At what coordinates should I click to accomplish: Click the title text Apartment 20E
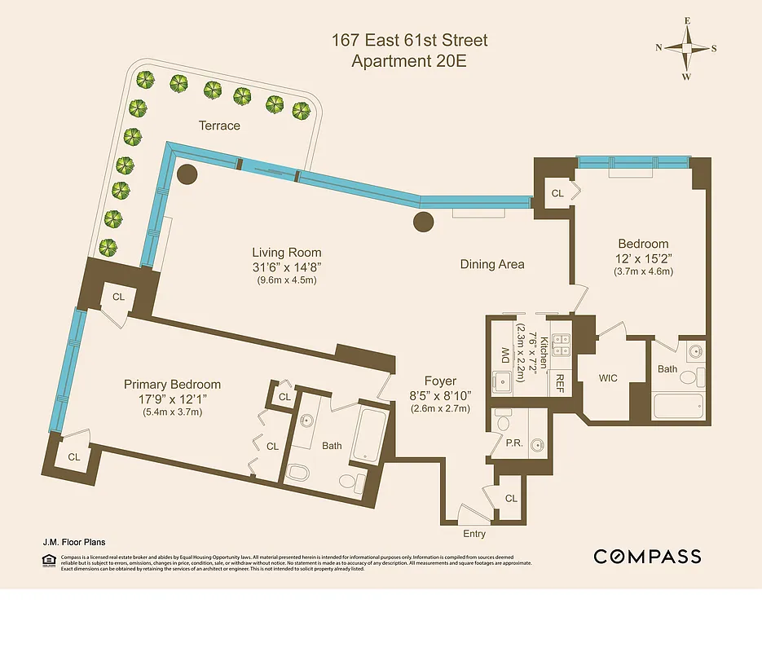pos(408,60)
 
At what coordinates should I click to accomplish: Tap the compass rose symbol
pos(686,48)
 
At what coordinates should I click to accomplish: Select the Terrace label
pos(219,126)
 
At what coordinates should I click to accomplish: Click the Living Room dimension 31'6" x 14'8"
pos(286,267)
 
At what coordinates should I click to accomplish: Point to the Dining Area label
pos(492,264)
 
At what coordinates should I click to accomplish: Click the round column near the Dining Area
pos(423,221)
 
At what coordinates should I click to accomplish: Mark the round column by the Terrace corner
pos(187,174)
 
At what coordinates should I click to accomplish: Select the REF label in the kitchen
pos(561,381)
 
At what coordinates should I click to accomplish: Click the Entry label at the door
pos(474,534)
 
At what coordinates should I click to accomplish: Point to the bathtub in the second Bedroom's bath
pos(677,405)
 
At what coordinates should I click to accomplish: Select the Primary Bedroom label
pos(172,385)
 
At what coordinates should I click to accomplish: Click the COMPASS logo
pos(647,557)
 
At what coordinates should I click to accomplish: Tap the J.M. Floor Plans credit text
pos(73,541)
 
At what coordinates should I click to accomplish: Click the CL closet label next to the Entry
pos(511,498)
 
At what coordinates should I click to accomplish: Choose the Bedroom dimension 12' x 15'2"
pos(643,258)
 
